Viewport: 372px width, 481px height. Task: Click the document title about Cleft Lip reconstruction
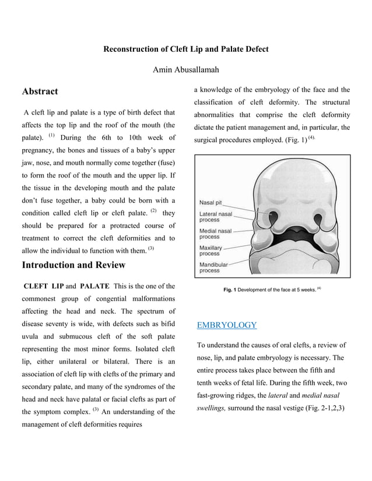coord(185,49)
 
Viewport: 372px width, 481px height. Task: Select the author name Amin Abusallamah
coord(185,70)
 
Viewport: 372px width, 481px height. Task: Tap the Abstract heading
coord(40,91)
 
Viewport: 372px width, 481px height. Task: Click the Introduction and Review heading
coord(73,266)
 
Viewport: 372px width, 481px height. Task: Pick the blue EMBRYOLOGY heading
coord(227,325)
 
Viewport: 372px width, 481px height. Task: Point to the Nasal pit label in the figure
coord(212,203)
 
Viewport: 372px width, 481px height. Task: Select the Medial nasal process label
coord(215,234)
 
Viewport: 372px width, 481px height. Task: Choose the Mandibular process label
coord(214,267)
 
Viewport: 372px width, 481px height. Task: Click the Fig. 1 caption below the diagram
coord(272,289)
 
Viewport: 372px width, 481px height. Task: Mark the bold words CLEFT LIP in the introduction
coord(43,287)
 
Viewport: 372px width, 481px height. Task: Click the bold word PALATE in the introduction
coord(95,287)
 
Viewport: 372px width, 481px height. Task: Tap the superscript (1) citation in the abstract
coord(51,136)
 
